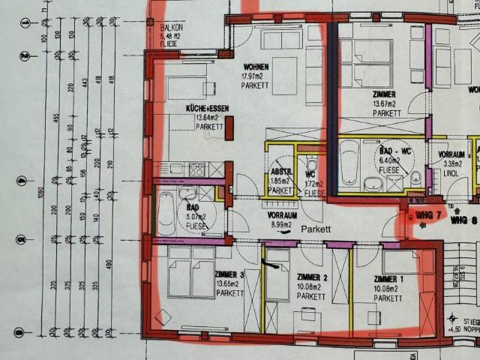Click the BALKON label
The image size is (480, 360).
tap(172, 27)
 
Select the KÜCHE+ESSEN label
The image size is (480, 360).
tap(208, 109)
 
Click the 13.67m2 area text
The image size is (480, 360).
tap(385, 103)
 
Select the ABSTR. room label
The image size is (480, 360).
tap(280, 171)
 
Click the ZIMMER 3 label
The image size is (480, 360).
tap(229, 274)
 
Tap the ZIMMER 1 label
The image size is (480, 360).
tap(388, 280)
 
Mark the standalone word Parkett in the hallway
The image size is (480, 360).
tap(316, 228)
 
